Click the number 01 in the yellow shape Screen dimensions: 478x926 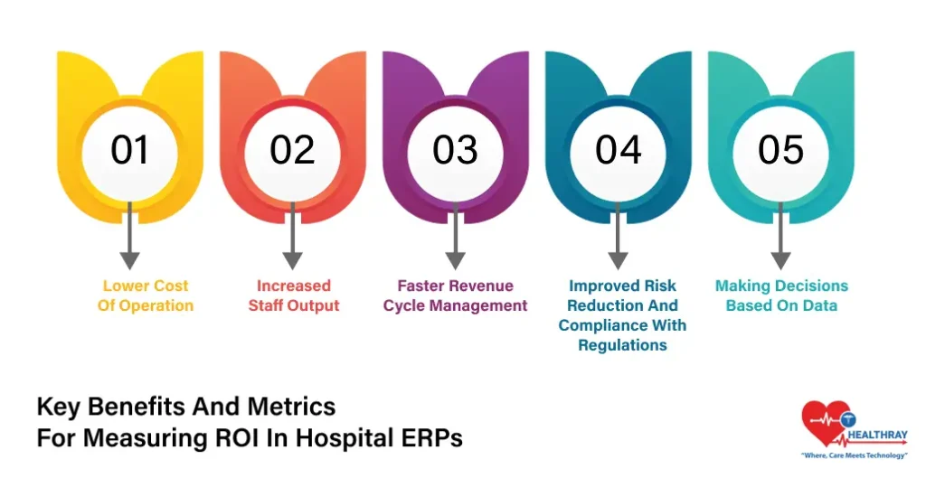pyautogui.click(x=129, y=150)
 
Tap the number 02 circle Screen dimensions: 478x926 pyautogui.click(x=292, y=150)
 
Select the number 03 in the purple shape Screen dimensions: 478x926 pyautogui.click(x=455, y=150)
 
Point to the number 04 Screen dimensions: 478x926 pyautogui.click(x=618, y=150)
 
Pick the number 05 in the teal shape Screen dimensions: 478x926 pyautogui.click(x=780, y=150)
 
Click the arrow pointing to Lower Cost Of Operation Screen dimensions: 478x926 pyautogui.click(x=130, y=237)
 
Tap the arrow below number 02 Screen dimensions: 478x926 pyautogui.click(x=292, y=237)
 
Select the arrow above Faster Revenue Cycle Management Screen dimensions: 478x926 pyautogui.click(x=455, y=237)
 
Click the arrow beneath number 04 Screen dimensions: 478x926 pyautogui.click(x=618, y=237)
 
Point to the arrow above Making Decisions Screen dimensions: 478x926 pyautogui.click(x=780, y=237)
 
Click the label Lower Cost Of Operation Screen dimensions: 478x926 pyautogui.click(x=145, y=295)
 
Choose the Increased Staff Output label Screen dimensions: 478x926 pyautogui.click(x=294, y=295)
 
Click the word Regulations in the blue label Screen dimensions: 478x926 pyautogui.click(x=622, y=345)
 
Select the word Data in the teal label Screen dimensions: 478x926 pyautogui.click(x=819, y=305)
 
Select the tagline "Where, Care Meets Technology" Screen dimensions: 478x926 pyautogui.click(x=855, y=455)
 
